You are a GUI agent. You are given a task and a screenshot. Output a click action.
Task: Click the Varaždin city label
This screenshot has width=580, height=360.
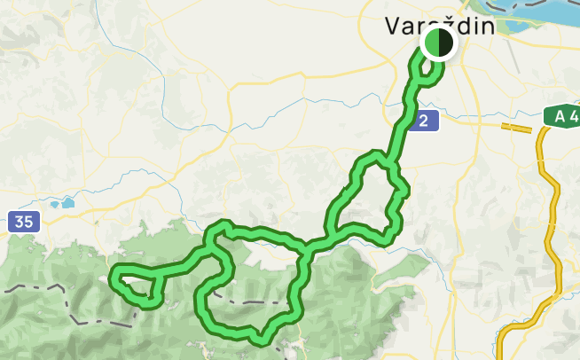click(439, 26)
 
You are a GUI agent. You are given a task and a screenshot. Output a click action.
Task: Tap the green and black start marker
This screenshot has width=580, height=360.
click(438, 43)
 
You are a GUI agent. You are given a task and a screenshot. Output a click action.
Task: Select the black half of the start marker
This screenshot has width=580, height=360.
click(445, 43)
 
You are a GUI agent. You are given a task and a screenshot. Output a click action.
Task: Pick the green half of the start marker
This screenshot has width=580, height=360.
click(431, 43)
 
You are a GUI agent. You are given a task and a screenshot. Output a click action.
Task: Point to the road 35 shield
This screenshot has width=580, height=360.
click(24, 222)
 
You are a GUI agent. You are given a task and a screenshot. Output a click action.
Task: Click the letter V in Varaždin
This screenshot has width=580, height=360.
click(394, 26)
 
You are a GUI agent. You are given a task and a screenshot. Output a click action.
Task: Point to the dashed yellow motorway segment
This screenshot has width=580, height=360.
click(519, 128)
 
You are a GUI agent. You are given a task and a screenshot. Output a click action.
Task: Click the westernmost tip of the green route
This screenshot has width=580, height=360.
click(111, 280)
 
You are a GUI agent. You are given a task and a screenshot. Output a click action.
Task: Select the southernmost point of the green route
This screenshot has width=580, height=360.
click(259, 340)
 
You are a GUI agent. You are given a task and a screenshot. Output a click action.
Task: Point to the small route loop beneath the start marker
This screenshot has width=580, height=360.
click(430, 75)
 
